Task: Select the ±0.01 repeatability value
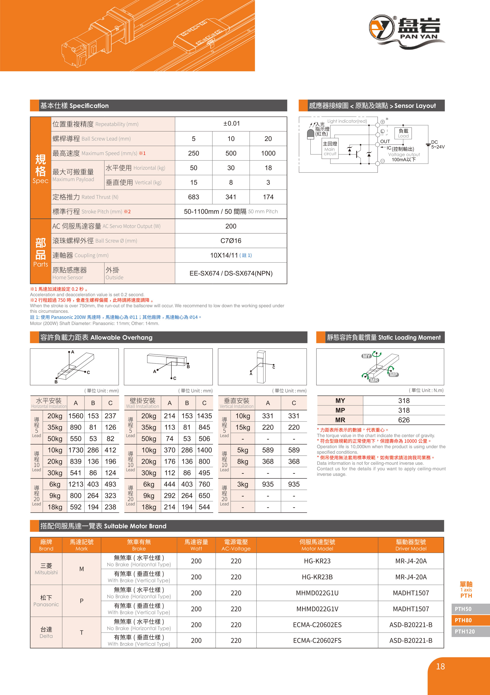[231, 123]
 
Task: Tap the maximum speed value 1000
[268, 153]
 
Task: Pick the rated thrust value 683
[194, 197]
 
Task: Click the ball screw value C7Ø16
[231, 241]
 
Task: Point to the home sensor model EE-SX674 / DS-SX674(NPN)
[231, 273]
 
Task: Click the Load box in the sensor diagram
[403, 133]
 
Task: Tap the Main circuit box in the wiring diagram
[330, 148]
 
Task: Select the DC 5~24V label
[437, 145]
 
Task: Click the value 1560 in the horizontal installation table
[76, 416]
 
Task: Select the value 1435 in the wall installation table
[204, 416]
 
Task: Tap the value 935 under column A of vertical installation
[268, 484]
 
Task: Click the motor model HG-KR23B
[317, 577]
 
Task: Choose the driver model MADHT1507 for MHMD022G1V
[411, 609]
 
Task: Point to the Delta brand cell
[46, 632]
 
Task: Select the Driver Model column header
[411, 545]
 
